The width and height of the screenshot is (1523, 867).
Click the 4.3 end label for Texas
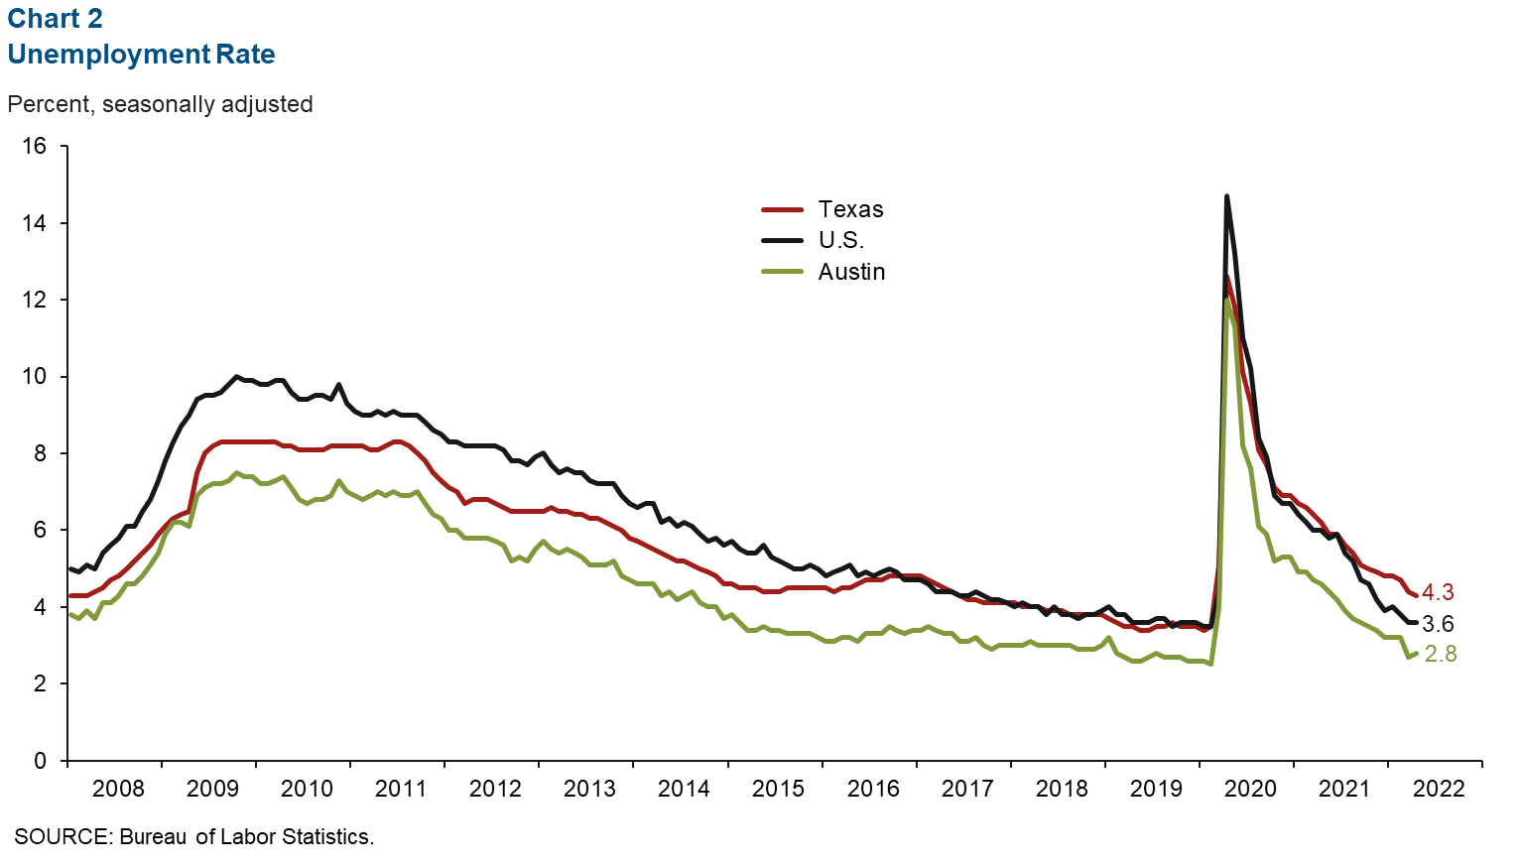[x=1438, y=592]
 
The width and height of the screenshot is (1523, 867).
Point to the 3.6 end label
[x=1438, y=624]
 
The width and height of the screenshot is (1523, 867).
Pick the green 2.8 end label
[x=1441, y=654]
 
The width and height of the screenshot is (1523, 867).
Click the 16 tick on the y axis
[x=34, y=146]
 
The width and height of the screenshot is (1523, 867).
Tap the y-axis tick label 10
[x=34, y=376]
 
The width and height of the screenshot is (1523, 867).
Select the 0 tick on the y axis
[x=40, y=761]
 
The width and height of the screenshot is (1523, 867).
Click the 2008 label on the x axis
[x=118, y=789]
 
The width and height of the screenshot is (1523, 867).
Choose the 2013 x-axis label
[x=589, y=789]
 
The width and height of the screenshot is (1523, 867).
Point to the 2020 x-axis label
[x=1250, y=789]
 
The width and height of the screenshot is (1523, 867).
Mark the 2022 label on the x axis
[x=1439, y=789]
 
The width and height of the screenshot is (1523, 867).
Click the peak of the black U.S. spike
[x=1226, y=196]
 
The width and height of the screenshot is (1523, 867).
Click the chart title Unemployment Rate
[x=141, y=55]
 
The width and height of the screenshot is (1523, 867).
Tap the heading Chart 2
[x=55, y=19]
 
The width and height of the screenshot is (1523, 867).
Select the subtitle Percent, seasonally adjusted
[x=160, y=104]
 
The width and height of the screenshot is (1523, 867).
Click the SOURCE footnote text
[x=193, y=836]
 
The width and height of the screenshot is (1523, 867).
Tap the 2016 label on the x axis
[x=873, y=789]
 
